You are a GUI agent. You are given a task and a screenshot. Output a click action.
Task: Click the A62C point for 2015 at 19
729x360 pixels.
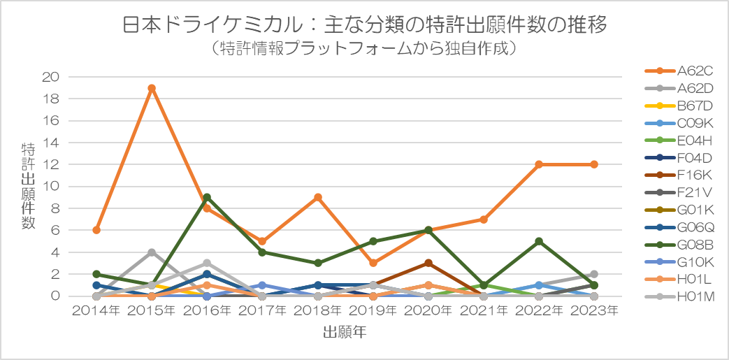tap(152, 88)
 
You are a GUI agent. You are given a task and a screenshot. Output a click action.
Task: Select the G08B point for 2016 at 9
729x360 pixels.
tap(207, 197)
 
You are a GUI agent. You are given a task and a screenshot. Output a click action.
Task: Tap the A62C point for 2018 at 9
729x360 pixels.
tap(318, 197)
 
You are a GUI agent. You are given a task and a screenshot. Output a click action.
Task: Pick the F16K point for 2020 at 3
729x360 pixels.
tap(428, 263)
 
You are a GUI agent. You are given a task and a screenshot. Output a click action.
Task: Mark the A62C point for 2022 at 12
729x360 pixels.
tap(539, 164)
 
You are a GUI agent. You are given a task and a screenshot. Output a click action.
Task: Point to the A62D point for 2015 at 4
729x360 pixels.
tap(152, 252)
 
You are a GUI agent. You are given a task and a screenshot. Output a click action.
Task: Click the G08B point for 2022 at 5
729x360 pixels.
tap(539, 241)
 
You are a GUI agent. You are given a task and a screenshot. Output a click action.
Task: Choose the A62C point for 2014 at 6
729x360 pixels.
tap(96, 230)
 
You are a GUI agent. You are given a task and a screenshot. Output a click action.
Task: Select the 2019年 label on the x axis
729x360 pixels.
tap(373, 310)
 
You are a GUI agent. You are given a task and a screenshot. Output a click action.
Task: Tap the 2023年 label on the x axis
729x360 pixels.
tap(594, 310)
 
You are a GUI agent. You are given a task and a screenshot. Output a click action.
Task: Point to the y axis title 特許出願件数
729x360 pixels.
tap(29, 186)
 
